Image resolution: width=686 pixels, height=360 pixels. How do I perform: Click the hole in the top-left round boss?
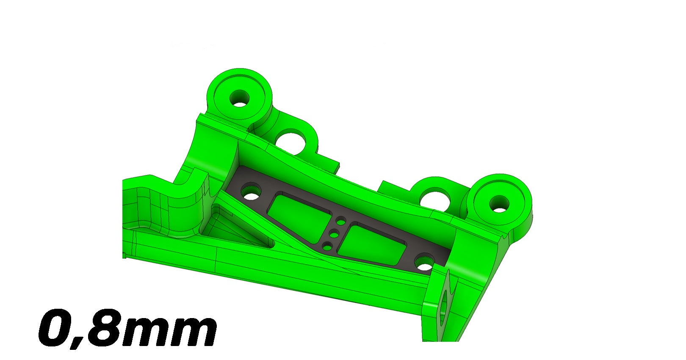(240, 98)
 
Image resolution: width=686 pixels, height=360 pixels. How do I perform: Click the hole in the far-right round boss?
(499, 204)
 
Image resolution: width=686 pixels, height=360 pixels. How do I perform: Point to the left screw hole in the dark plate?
(251, 191)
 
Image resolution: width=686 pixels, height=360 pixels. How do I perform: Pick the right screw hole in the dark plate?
(424, 262)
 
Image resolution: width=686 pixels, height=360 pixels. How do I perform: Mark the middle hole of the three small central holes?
(335, 234)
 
